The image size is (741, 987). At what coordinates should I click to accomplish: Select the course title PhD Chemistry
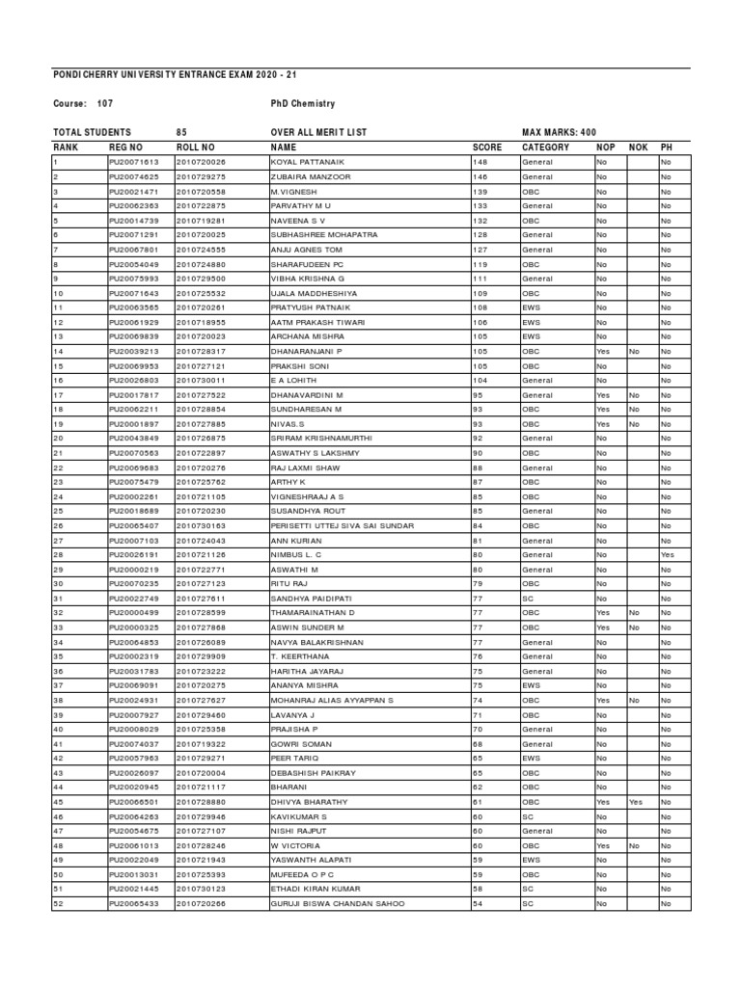coord(303,104)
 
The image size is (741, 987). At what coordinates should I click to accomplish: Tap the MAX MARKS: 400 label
coord(559,132)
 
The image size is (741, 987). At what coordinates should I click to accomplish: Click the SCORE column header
coord(487,147)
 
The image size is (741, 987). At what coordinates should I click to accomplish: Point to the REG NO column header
coord(126,147)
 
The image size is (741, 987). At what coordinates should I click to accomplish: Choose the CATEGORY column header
coord(545,147)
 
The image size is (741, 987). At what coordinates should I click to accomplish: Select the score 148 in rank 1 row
coord(479,163)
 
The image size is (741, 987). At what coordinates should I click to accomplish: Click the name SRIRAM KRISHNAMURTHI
coord(321,438)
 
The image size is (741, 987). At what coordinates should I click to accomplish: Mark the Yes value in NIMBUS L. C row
coord(667,555)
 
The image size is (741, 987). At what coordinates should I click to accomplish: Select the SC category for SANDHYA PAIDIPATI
coord(527,599)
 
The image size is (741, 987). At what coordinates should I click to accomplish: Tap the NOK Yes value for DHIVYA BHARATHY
coord(635,802)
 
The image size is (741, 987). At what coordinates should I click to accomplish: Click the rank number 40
coord(59,730)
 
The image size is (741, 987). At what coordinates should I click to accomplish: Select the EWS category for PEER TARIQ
coord(530,759)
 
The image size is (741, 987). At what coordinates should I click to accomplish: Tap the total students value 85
coord(181,132)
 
